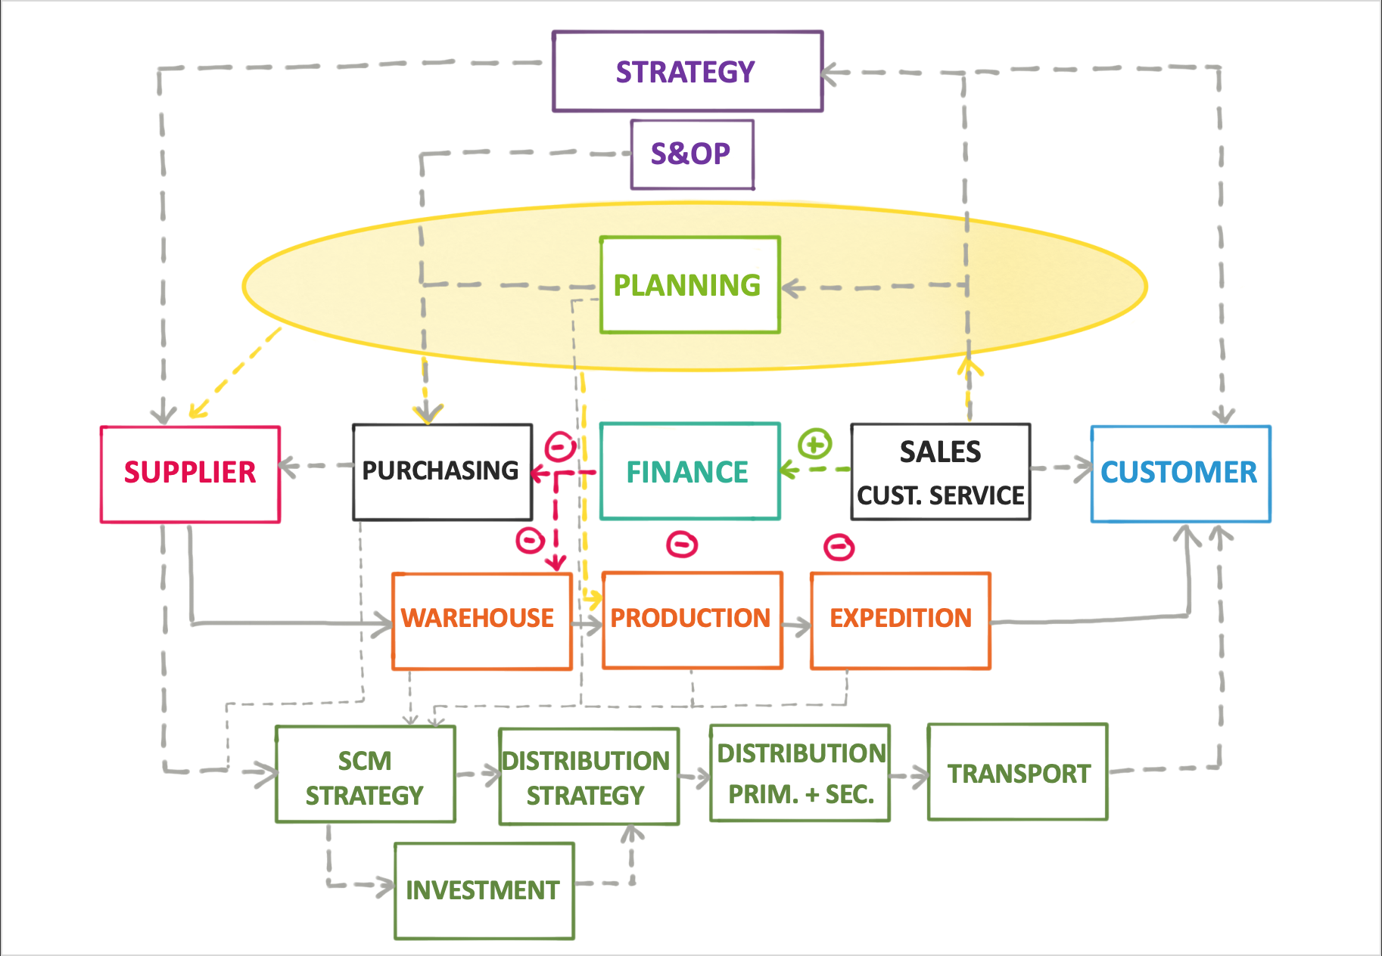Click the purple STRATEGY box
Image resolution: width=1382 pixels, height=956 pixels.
pos(687,72)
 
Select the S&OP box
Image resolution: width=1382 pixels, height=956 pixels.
pos(692,154)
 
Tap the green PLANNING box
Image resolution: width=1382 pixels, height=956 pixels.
pos(689,285)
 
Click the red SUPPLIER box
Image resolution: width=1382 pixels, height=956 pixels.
pos(190,473)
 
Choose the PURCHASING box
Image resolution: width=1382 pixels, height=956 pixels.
pos(442,472)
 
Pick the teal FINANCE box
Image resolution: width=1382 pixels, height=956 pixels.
pos(689,472)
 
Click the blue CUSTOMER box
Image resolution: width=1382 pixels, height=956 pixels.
pos(1180,473)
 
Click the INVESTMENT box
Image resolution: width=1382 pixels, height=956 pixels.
pos(484,890)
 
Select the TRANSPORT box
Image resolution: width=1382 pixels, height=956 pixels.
pos(1017,772)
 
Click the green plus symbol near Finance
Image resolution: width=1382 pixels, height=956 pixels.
pos(815,444)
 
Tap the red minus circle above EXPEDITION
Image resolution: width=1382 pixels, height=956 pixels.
pos(839,546)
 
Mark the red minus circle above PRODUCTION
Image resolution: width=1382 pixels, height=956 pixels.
pos(682,544)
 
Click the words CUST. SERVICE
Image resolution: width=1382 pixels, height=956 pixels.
pos(940,495)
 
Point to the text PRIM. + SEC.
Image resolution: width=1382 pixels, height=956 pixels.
pos(801,794)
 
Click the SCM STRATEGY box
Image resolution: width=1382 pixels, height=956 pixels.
pos(365,774)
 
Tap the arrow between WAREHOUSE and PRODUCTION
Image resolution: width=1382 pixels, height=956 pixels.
pos(587,624)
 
